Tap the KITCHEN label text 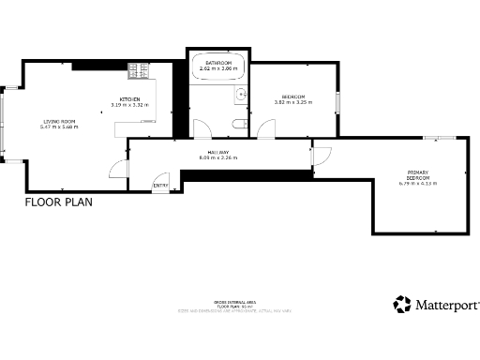point(129,98)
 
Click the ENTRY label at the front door point(160,186)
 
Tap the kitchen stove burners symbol point(137,69)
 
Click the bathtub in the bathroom point(217,67)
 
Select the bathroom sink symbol point(241,94)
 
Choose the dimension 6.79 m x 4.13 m point(418,183)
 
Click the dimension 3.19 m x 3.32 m point(129,104)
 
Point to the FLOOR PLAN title point(58,202)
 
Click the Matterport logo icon point(402,304)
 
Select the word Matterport point(448,305)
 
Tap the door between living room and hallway point(117,169)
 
